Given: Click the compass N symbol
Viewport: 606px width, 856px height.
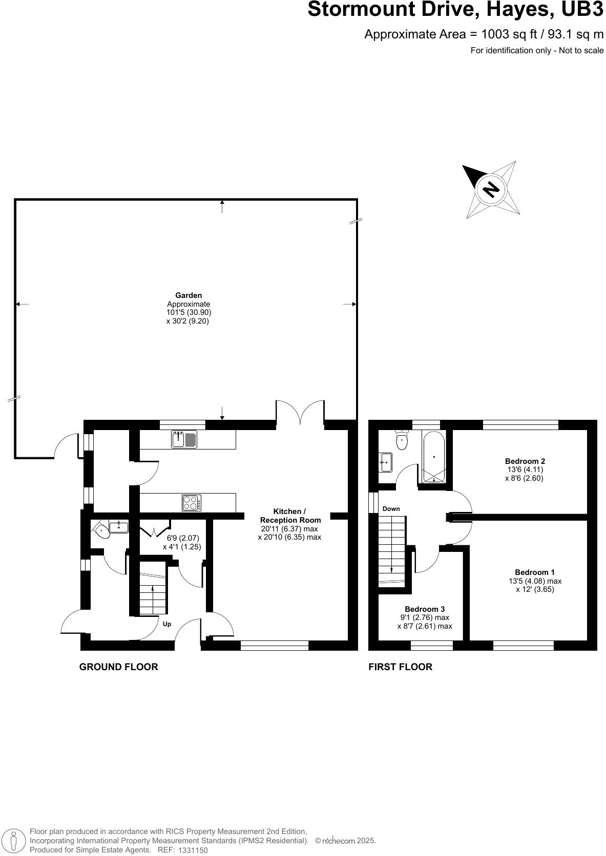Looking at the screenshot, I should coord(491,190).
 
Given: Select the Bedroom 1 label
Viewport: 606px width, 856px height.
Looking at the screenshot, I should coord(535,572).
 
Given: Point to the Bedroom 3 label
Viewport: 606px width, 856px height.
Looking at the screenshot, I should coord(425,609).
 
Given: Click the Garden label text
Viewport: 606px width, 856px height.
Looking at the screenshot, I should coord(189,295).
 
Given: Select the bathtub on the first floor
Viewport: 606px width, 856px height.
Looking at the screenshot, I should coord(434,457).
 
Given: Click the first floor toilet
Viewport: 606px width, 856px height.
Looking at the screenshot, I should coord(402,440).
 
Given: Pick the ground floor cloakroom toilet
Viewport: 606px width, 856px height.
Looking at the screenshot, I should coord(102,529).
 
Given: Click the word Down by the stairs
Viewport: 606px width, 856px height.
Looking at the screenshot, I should coord(391,508).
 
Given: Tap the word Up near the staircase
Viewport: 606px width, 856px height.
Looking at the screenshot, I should coord(166,624).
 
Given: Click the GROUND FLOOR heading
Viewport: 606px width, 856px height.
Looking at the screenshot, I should coord(118,667).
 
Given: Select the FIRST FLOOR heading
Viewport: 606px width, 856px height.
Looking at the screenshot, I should coord(400,667).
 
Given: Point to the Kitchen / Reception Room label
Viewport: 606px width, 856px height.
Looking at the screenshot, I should coord(290,516).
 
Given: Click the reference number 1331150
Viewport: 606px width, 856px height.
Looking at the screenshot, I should coord(193,850).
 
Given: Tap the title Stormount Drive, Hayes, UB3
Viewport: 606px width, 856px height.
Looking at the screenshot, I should coord(455,10).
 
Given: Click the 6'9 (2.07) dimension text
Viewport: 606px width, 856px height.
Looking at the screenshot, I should coord(183,538).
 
